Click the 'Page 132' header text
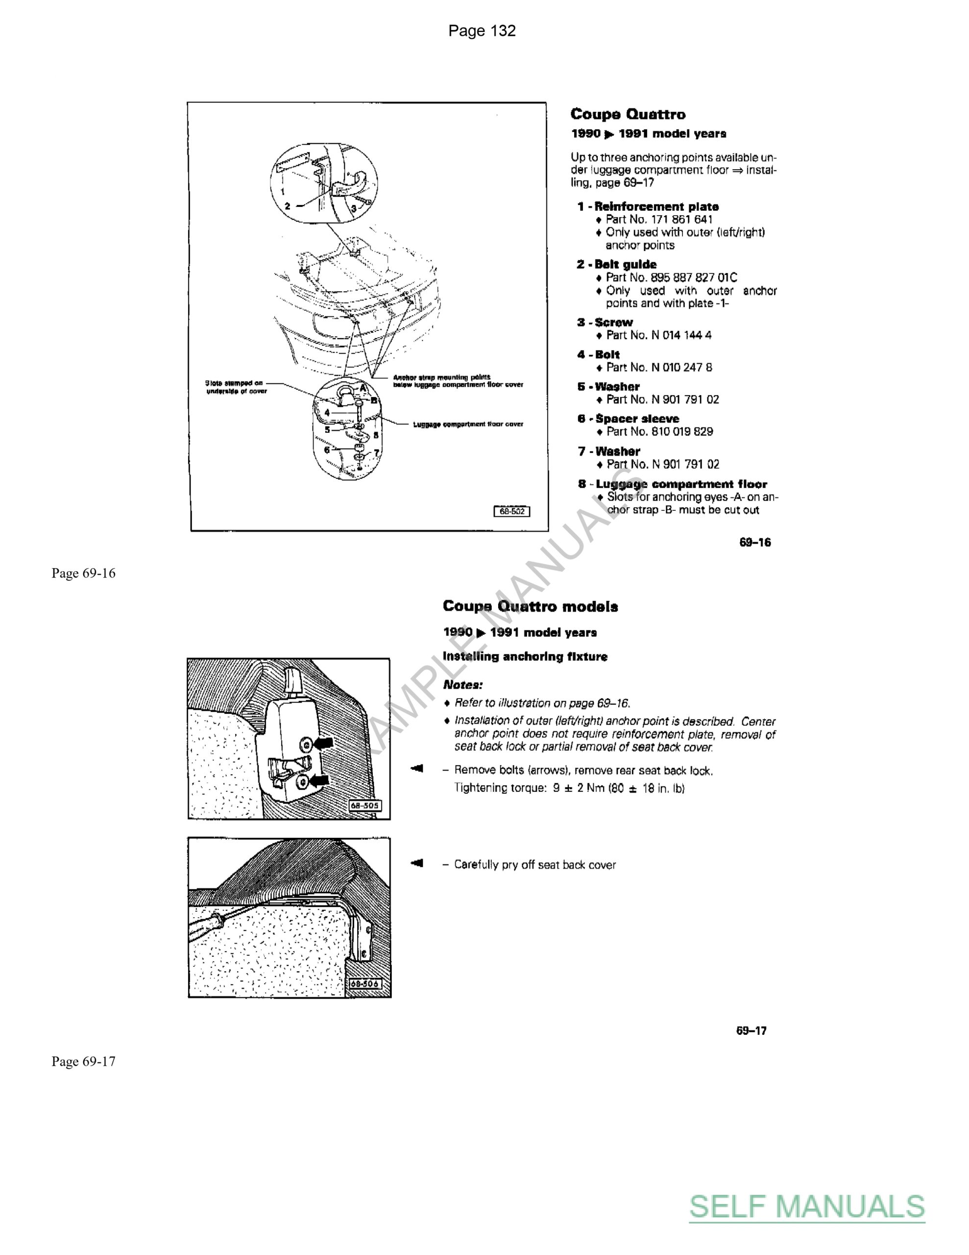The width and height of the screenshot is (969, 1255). (x=482, y=30)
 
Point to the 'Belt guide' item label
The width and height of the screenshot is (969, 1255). (x=625, y=264)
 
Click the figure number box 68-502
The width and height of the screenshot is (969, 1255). (x=512, y=511)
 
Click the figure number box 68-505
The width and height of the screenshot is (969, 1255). (x=365, y=805)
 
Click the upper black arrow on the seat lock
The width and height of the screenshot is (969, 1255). (x=323, y=744)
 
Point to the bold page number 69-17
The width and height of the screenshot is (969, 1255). (x=751, y=1030)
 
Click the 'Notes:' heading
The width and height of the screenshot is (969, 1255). (x=462, y=685)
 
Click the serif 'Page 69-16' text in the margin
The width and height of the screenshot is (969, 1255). (x=83, y=574)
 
